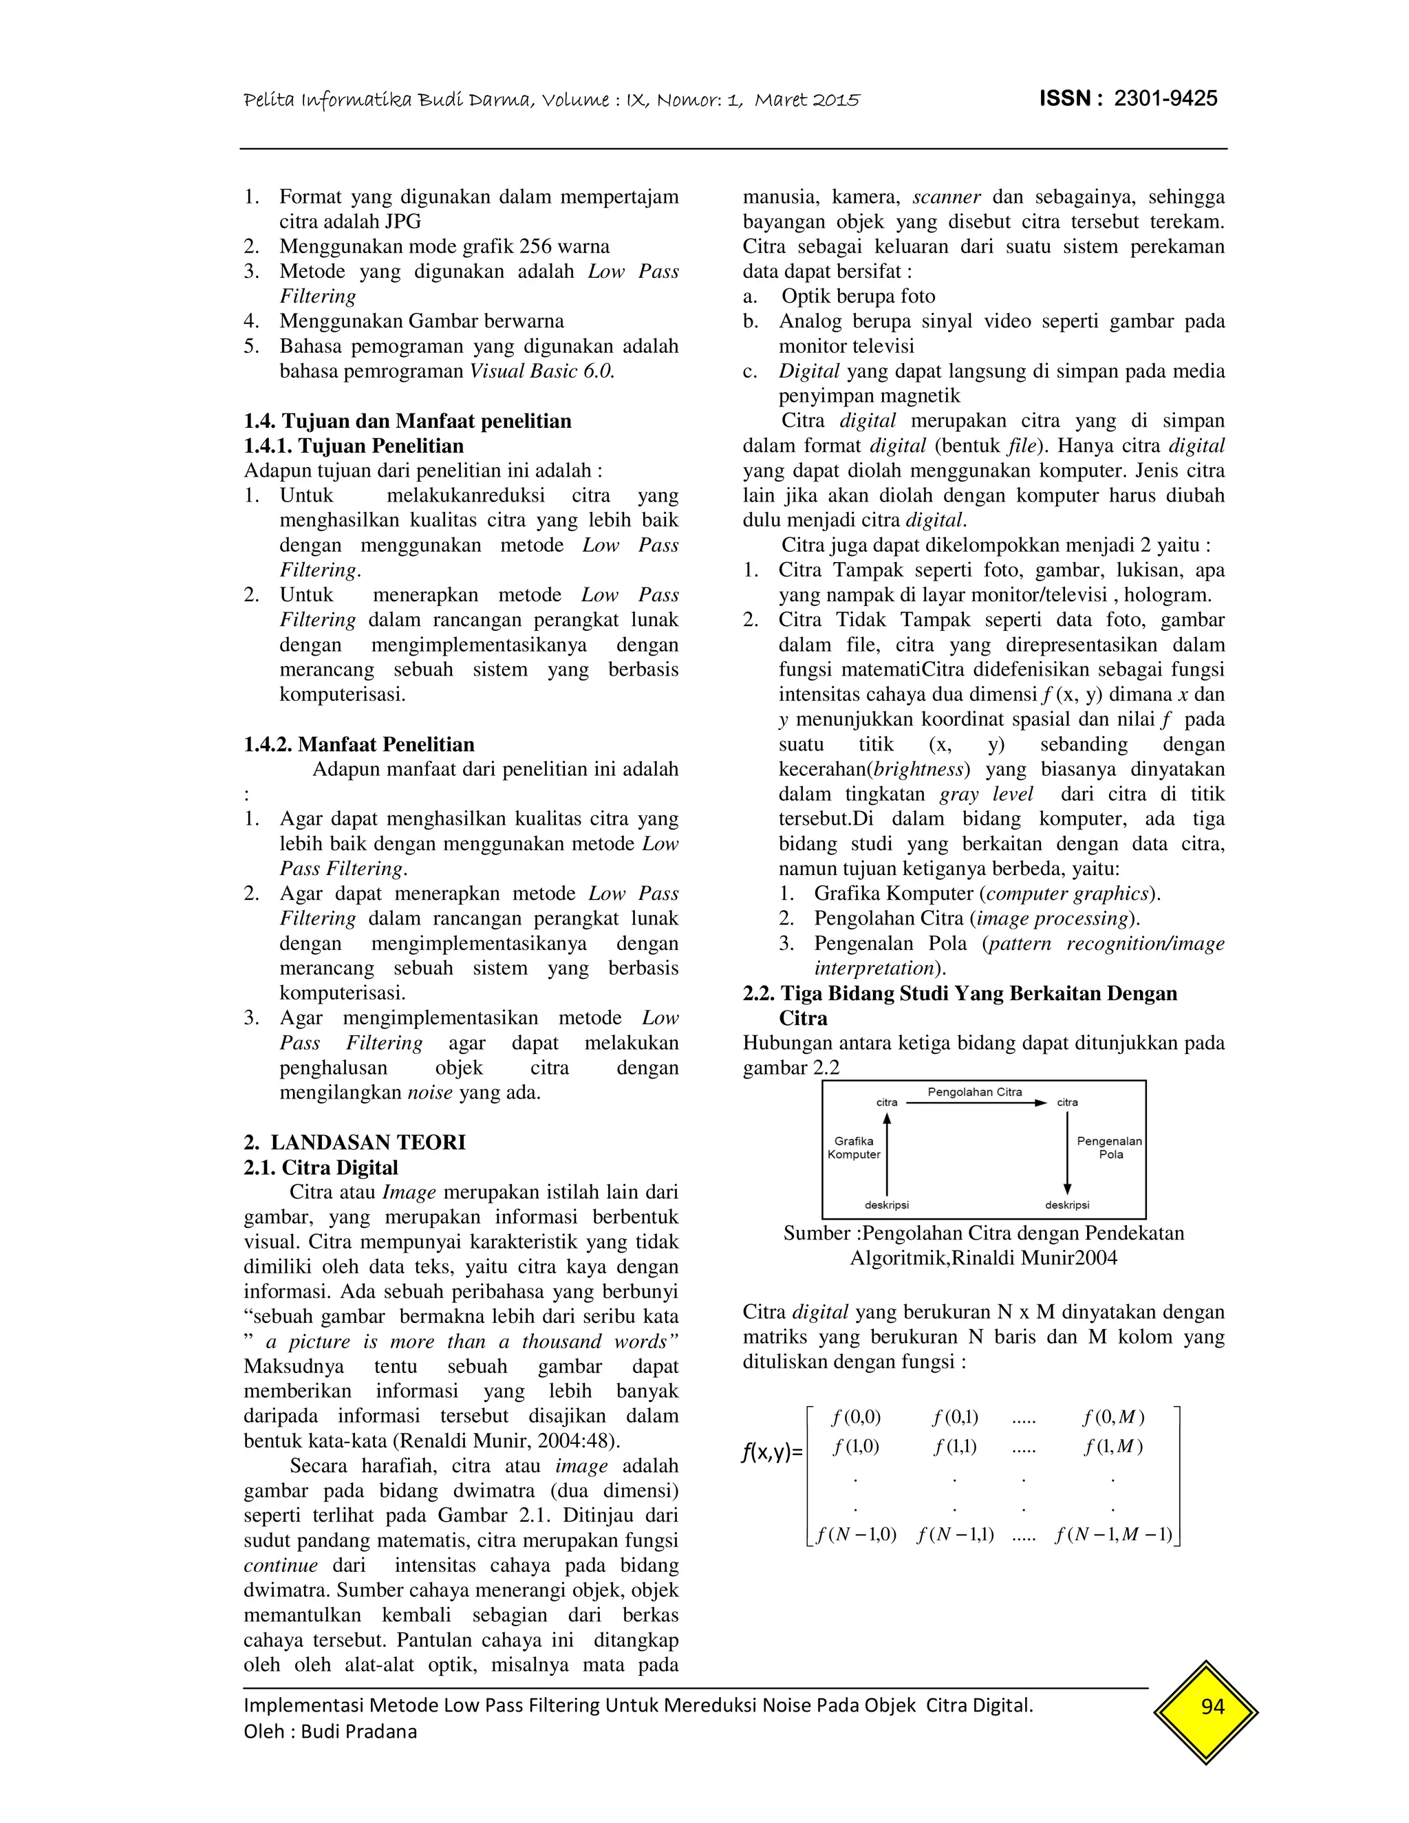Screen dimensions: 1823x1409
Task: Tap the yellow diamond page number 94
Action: click(x=1212, y=1706)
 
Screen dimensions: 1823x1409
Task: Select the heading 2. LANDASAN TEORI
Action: click(x=355, y=1142)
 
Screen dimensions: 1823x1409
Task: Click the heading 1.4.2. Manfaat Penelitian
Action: click(x=359, y=744)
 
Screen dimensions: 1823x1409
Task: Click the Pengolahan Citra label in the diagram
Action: click(x=974, y=1092)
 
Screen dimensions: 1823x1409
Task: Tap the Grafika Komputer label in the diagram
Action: click(x=854, y=1147)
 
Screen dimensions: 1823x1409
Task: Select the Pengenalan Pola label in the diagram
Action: click(x=1109, y=1147)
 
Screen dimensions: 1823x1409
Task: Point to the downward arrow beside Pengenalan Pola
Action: click(x=1068, y=1152)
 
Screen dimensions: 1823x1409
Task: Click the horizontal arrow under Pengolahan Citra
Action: click(x=975, y=1103)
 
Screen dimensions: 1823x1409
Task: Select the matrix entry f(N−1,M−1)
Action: click(x=1114, y=1534)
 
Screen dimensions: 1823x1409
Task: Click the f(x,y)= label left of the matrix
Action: click(x=772, y=1452)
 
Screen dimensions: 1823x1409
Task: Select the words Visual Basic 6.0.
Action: click(x=541, y=371)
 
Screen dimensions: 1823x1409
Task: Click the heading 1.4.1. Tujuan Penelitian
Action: click(x=354, y=446)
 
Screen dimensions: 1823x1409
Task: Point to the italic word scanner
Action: click(x=947, y=197)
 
